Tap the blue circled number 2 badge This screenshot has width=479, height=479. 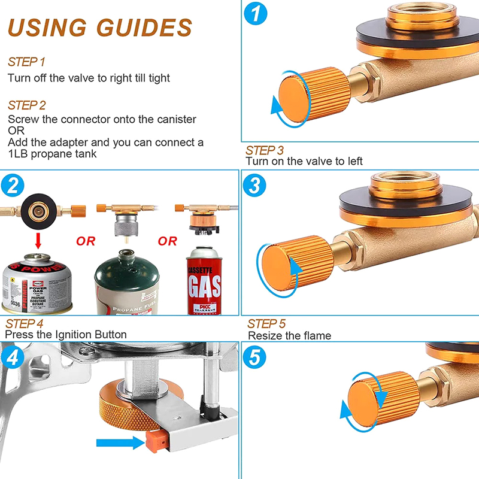(13, 186)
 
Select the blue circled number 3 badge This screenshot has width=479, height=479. (255, 186)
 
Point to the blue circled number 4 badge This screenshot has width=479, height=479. (13, 359)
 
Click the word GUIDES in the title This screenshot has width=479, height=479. (145, 28)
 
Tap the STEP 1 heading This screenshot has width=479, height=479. (26, 62)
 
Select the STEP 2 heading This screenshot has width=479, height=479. (27, 105)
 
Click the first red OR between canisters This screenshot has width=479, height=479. (86, 241)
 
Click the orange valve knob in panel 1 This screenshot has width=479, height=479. (311, 96)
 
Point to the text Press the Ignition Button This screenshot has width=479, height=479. (66, 334)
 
